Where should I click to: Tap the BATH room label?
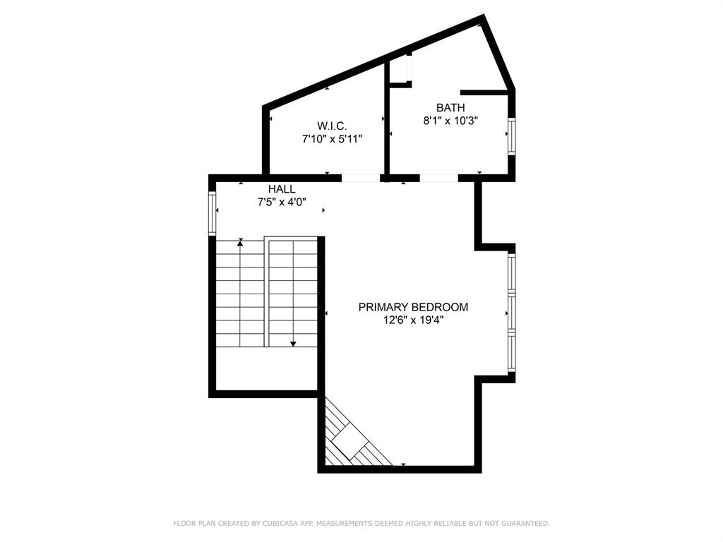(x=450, y=107)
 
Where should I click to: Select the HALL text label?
(x=282, y=189)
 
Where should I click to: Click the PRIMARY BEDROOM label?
(x=413, y=307)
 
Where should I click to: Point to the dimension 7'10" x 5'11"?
(x=332, y=139)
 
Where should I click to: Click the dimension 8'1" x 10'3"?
(x=450, y=121)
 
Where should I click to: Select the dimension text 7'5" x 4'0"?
(x=282, y=203)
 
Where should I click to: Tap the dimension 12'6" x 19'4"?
(x=413, y=320)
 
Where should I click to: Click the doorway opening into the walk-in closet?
(x=361, y=178)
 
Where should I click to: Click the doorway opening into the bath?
(x=438, y=178)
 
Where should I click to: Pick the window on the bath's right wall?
(x=512, y=136)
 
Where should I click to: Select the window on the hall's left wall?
(x=211, y=214)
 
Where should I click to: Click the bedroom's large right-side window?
(x=512, y=313)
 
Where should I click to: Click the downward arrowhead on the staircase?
(x=293, y=344)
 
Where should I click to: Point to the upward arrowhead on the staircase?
(x=241, y=242)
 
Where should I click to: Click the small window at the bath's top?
(x=409, y=67)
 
